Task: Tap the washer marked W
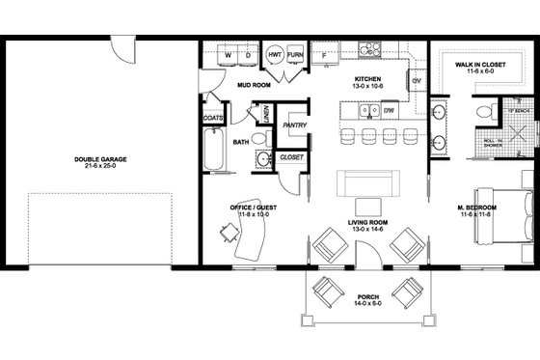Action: pyautogui.click(x=227, y=56)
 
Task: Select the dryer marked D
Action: pyautogui.click(x=247, y=56)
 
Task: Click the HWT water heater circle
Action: pyautogui.click(x=274, y=56)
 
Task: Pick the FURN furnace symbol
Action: pyautogui.click(x=295, y=56)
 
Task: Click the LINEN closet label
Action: pyautogui.click(x=264, y=115)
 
